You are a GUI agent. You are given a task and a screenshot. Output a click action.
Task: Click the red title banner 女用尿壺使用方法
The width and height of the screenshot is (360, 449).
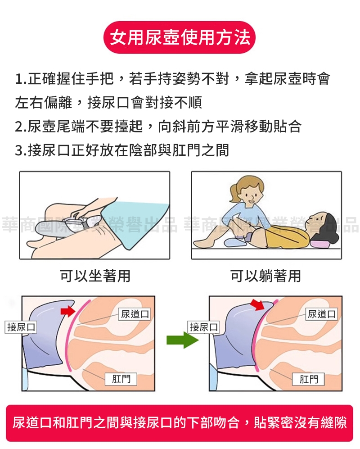click(180, 37)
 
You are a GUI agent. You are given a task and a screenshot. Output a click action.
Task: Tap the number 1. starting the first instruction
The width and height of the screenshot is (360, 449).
click(21, 79)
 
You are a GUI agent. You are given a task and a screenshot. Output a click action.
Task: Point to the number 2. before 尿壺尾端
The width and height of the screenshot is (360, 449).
click(21, 127)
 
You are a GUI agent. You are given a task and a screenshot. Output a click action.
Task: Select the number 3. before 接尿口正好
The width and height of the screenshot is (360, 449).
click(21, 150)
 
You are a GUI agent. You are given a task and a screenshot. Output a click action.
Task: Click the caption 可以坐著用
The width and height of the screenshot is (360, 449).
click(95, 276)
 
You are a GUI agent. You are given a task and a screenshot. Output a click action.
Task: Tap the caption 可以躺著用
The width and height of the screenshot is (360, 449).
click(266, 276)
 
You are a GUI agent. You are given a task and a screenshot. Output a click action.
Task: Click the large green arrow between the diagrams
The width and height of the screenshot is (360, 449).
click(183, 340)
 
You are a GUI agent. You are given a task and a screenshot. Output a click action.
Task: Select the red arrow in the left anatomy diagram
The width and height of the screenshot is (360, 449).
click(68, 311)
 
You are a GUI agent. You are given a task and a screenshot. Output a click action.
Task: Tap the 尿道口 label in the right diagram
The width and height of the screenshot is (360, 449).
click(322, 314)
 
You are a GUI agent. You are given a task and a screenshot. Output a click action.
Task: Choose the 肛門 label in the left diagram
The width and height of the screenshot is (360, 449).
click(121, 379)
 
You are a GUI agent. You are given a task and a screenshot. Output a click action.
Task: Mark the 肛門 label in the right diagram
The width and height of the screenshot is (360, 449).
click(309, 379)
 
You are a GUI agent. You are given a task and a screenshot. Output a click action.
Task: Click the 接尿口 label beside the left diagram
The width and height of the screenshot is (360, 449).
click(21, 327)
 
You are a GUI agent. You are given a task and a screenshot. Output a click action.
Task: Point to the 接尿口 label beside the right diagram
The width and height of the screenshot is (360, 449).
click(203, 327)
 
